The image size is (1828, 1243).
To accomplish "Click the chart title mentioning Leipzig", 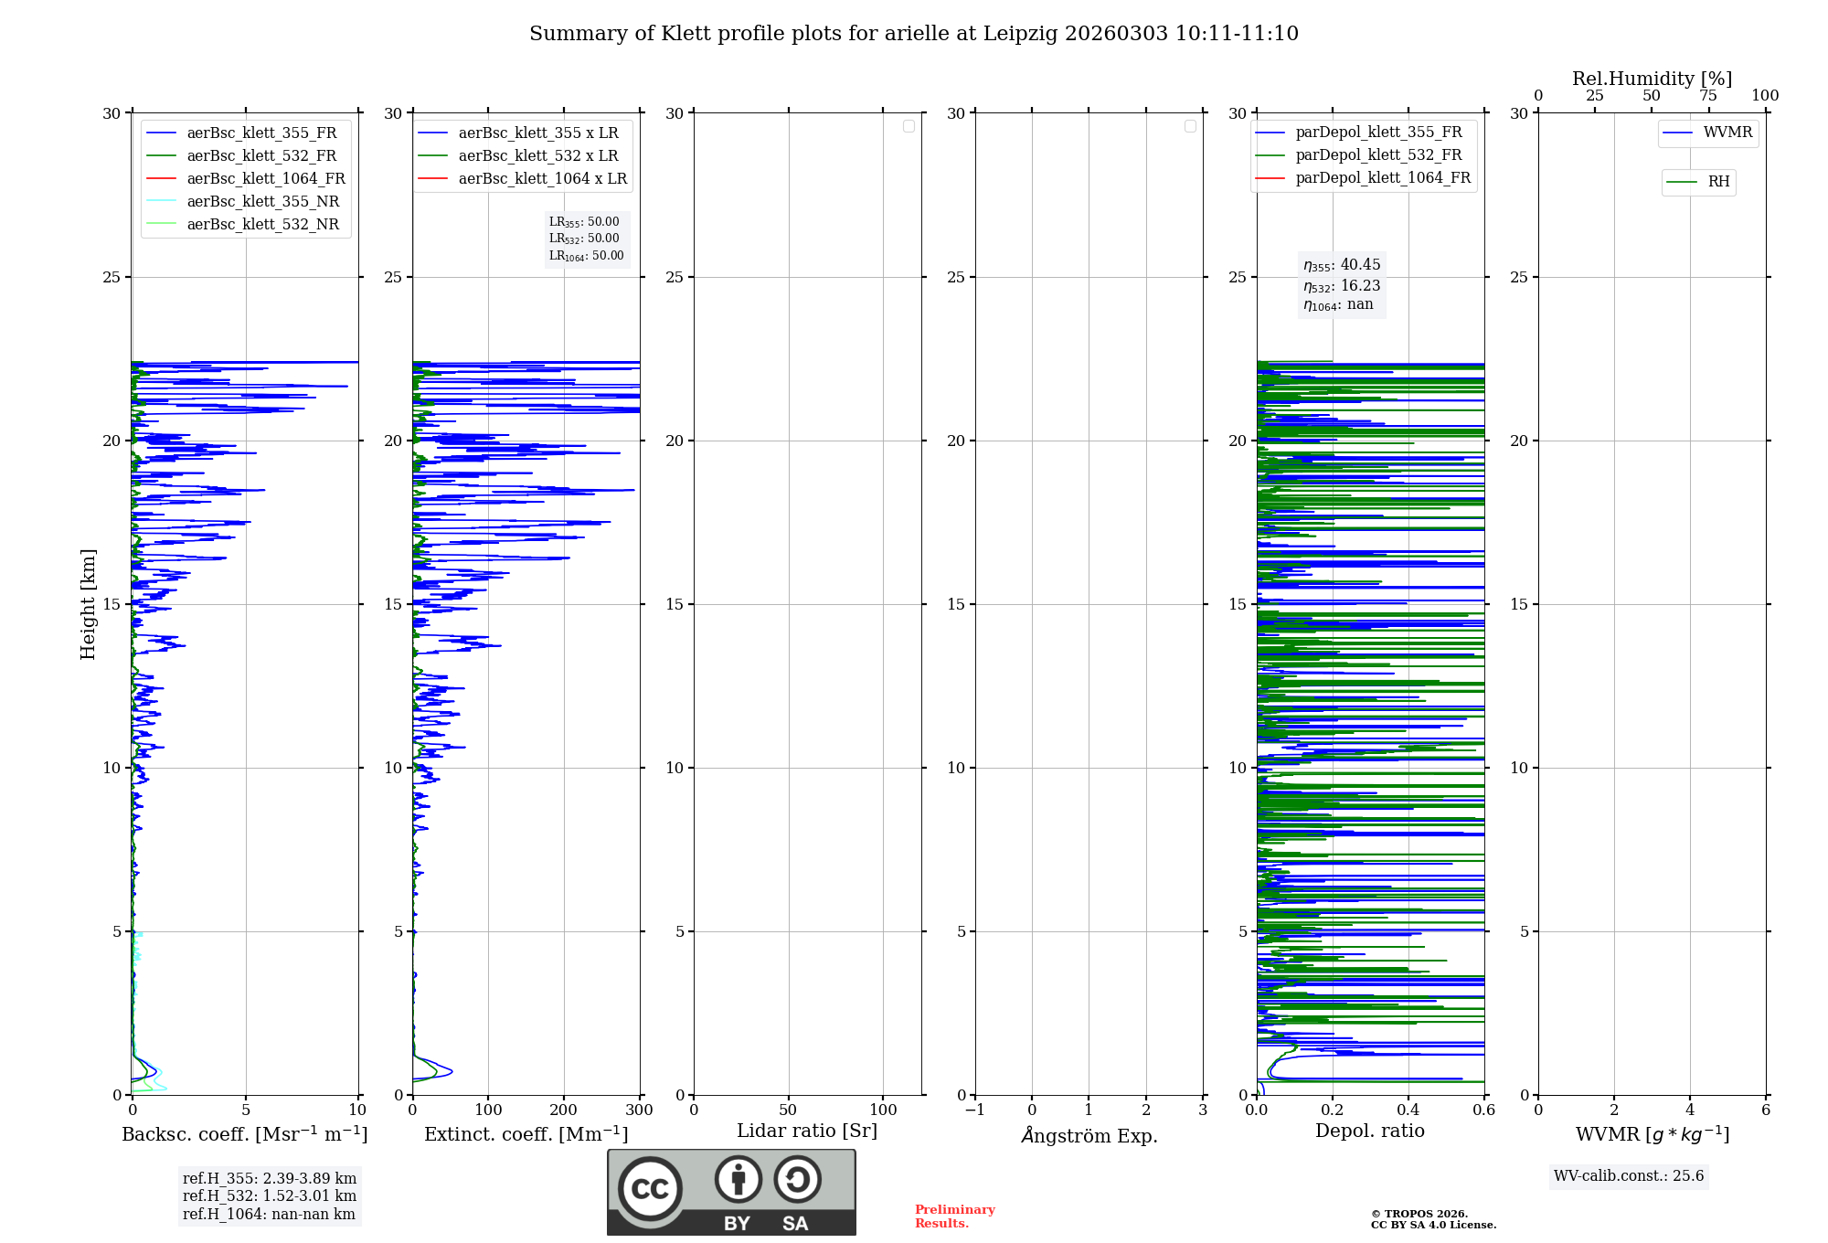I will [x=913, y=34].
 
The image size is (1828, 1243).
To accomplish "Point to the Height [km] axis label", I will [x=88, y=603].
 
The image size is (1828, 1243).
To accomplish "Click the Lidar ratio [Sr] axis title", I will [x=806, y=1131].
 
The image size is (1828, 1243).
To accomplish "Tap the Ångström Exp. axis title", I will [x=1089, y=1135].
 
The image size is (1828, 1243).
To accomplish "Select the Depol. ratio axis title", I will [x=1369, y=1131].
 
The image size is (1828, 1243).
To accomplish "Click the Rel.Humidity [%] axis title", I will [x=1652, y=79].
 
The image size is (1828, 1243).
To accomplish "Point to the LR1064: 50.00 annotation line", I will [x=586, y=256].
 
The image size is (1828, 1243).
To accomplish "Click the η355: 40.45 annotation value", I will [x=1342, y=265].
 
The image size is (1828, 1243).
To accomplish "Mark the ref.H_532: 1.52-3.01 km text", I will [x=269, y=1195].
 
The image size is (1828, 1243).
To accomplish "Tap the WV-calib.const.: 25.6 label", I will [x=1629, y=1175].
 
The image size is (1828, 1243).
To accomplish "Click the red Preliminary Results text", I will [x=954, y=1216].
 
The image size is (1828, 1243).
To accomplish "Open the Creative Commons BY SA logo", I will [x=731, y=1192].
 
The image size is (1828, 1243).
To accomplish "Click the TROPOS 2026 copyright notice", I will [x=1432, y=1219].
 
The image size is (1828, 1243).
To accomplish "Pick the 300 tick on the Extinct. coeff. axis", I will [x=639, y=1110].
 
